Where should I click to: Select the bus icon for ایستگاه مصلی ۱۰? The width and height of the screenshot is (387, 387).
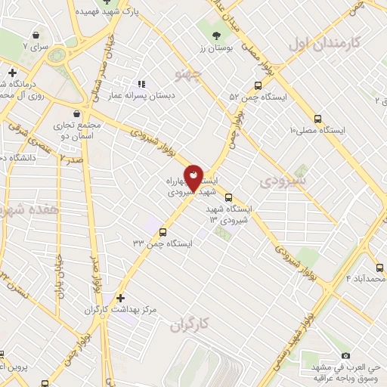pos(317,119)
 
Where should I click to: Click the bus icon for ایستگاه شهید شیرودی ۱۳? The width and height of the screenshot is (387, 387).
pos(229,199)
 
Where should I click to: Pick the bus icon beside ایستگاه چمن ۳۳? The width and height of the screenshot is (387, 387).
pos(142,231)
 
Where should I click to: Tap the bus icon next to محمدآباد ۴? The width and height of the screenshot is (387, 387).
pos(379,268)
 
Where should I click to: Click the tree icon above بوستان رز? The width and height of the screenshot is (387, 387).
pos(218,35)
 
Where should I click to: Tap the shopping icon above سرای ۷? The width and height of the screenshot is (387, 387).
pos(36,34)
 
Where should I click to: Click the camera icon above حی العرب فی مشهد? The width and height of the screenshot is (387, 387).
pos(346,355)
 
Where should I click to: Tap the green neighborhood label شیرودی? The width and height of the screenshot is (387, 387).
pos(283,182)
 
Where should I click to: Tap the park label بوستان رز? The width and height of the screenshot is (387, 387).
pos(217,48)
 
